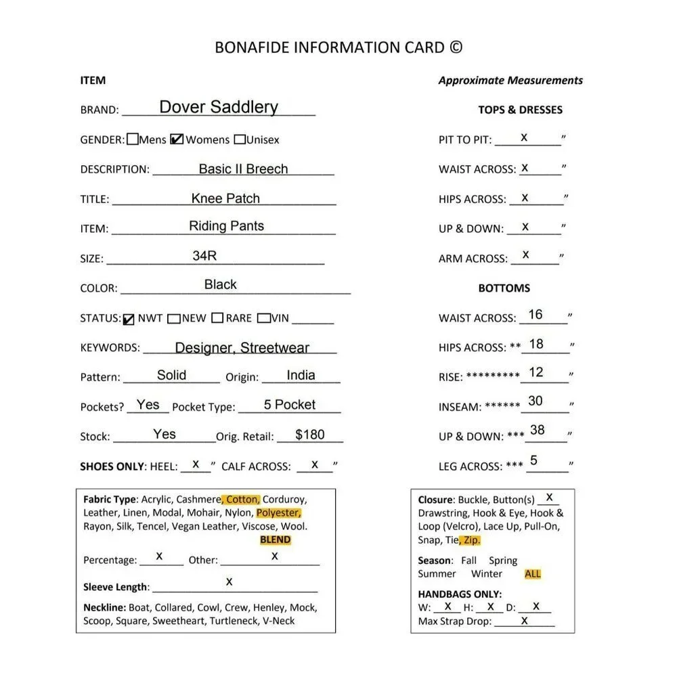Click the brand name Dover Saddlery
pyautogui.click(x=218, y=107)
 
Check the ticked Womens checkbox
pyautogui.click(x=177, y=139)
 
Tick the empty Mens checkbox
pyautogui.click(x=133, y=139)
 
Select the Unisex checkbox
pyautogui.click(x=240, y=139)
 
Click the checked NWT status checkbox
pyautogui.click(x=129, y=319)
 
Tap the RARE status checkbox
pyautogui.click(x=217, y=318)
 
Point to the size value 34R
pyautogui.click(x=204, y=255)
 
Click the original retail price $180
pyautogui.click(x=310, y=434)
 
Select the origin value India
pyautogui.click(x=301, y=375)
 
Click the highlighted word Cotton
pyautogui.click(x=242, y=500)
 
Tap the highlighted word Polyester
pyautogui.click(x=278, y=513)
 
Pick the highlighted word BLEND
pyautogui.click(x=275, y=540)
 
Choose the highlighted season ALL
pyautogui.click(x=533, y=574)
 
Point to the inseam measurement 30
pyautogui.click(x=536, y=401)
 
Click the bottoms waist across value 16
pyautogui.click(x=536, y=315)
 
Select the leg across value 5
pyautogui.click(x=534, y=460)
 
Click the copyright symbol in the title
pyautogui.click(x=456, y=47)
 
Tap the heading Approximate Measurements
pyautogui.click(x=510, y=80)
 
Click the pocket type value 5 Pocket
pyautogui.click(x=290, y=404)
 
